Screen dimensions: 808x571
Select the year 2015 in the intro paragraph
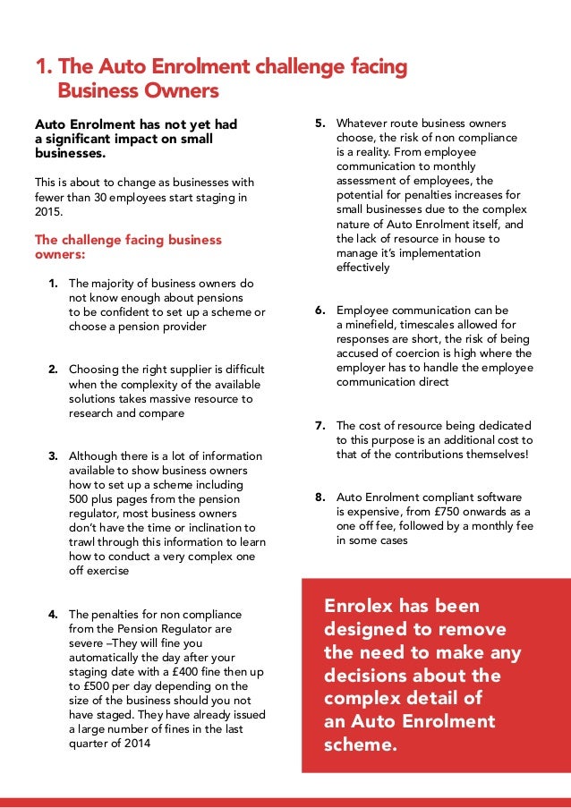pyautogui.click(x=48, y=212)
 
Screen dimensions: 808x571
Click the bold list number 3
pyautogui.click(x=54, y=455)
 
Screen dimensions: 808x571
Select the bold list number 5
pyautogui.click(x=320, y=123)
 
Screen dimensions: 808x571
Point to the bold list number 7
pyautogui.click(x=320, y=426)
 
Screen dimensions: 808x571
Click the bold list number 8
pyautogui.click(x=320, y=497)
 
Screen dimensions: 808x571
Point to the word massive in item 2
pyautogui.click(x=152, y=398)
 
